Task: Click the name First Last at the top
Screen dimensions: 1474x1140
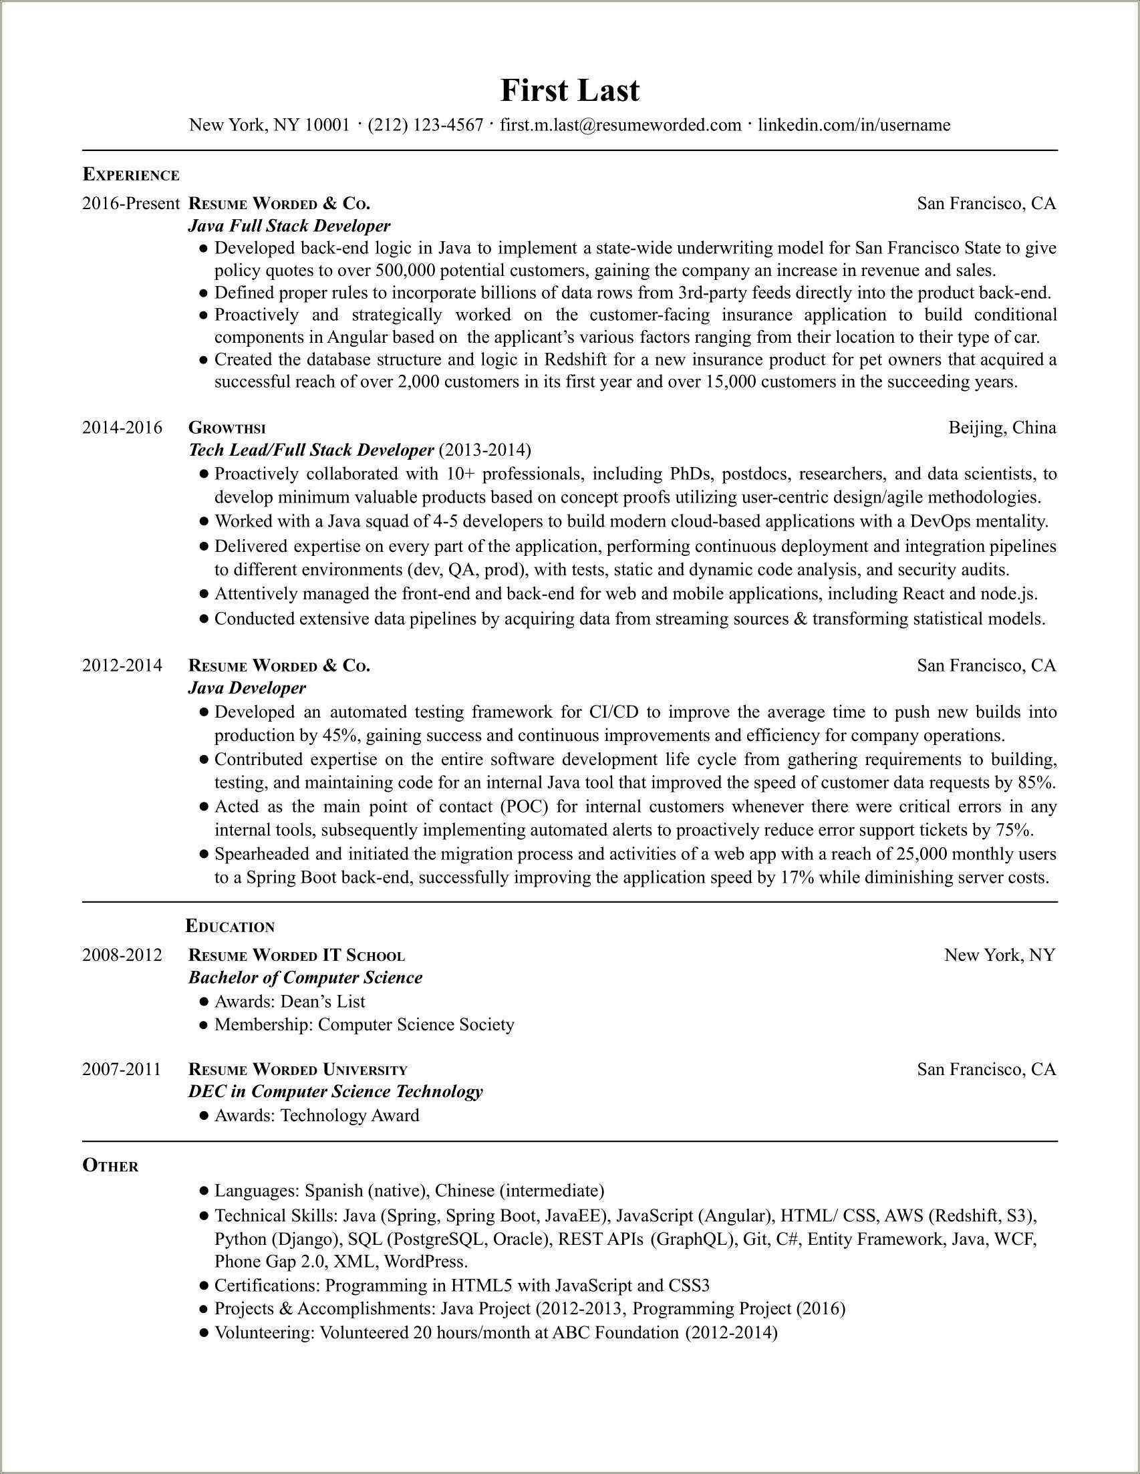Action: click(x=569, y=90)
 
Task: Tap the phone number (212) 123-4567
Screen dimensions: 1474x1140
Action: click(x=425, y=125)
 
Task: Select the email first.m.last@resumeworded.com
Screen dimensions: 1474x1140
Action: click(x=620, y=125)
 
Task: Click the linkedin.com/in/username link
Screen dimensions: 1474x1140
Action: click(x=854, y=125)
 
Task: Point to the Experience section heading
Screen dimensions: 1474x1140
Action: click(x=131, y=175)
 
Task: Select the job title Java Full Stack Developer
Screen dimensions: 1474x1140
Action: click(x=289, y=225)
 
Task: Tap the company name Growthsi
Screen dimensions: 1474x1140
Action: click(x=227, y=428)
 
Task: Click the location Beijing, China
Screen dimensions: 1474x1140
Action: click(x=1002, y=427)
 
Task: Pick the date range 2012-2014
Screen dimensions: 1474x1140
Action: click(x=122, y=666)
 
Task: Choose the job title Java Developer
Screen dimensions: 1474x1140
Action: click(x=247, y=688)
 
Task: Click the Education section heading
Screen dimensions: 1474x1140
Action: click(x=230, y=927)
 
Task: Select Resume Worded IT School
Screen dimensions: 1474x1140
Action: click(x=296, y=955)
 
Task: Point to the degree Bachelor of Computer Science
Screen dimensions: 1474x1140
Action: click(x=305, y=978)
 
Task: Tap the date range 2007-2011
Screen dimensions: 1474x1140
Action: click(x=122, y=1069)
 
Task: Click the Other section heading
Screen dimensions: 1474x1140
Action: click(x=110, y=1165)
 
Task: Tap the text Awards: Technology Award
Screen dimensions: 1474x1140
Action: click(x=317, y=1115)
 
